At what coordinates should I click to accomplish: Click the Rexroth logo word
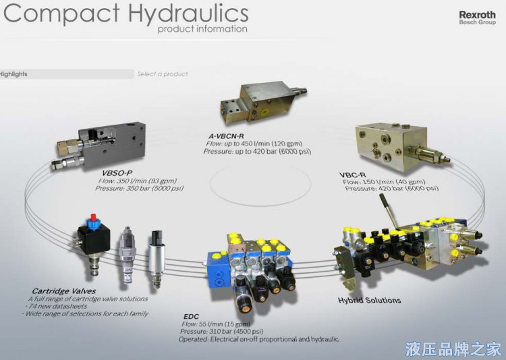tap(477, 15)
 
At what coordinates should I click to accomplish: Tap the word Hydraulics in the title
tap(188, 13)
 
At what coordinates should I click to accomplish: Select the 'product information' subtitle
tap(202, 29)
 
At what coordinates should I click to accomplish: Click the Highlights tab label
tap(13, 74)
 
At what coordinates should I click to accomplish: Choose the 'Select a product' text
tap(163, 74)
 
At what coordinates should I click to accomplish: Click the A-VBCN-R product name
tap(226, 136)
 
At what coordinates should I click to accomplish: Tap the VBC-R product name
tap(352, 175)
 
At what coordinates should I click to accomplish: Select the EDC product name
tap(192, 316)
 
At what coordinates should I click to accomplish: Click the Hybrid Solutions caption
tap(369, 300)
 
